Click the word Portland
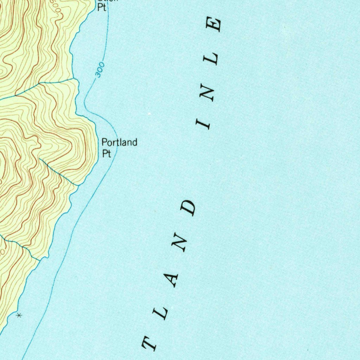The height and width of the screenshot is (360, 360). tap(119, 142)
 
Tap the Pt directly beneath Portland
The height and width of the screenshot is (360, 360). tap(107, 153)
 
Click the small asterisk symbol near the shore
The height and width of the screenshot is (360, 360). tap(19, 316)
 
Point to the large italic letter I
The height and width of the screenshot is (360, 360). tap(203, 124)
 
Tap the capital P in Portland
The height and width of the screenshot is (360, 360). tap(104, 142)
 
